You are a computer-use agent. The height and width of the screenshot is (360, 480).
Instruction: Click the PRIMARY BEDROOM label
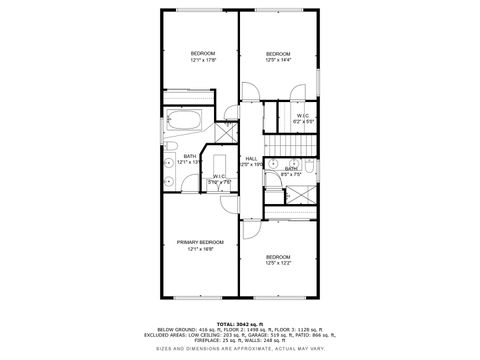200,242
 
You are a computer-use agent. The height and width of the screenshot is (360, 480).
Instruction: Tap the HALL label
251,158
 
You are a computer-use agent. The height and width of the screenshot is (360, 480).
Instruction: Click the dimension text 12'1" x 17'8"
203,60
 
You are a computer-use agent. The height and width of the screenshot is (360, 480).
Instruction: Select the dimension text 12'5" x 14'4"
277,60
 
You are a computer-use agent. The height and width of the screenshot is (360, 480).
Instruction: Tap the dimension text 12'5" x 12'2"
277,263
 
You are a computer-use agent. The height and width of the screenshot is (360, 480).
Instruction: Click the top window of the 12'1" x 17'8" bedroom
200,10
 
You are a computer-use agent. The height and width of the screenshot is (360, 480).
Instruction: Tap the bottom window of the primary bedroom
200,297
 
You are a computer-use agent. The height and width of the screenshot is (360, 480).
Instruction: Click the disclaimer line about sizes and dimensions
240,348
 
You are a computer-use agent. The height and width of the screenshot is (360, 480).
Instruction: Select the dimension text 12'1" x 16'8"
200,249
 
